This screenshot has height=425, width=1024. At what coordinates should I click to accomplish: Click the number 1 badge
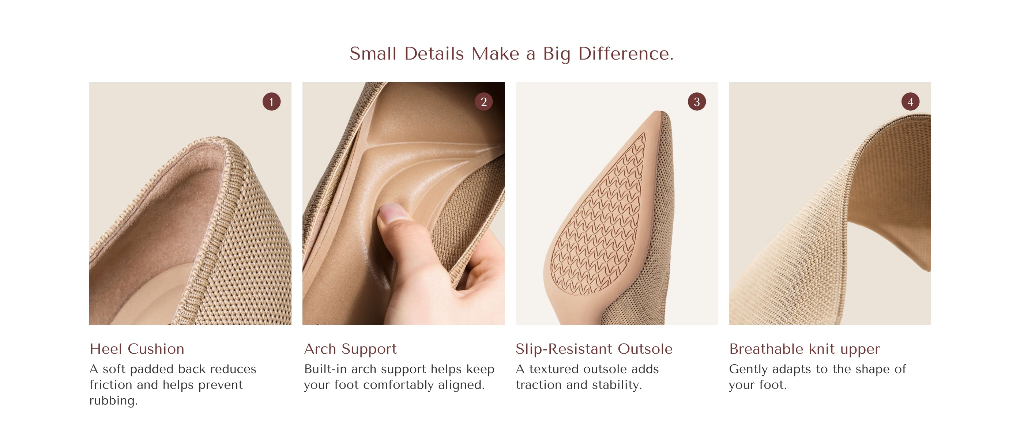271,102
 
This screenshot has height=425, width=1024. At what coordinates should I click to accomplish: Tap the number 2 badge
484,102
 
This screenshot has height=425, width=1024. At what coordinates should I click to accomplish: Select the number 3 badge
697,102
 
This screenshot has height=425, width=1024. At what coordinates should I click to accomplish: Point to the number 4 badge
910,102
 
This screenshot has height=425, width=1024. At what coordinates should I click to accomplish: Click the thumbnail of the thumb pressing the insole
403,204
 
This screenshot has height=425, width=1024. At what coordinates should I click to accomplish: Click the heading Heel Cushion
137,349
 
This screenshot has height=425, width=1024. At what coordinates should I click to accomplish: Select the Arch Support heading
351,349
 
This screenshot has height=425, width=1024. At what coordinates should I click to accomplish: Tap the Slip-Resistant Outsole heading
594,349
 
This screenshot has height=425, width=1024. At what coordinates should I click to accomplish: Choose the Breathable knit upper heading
805,349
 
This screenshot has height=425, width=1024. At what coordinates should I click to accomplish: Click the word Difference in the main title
626,54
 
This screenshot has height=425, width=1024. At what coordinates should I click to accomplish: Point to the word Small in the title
373,54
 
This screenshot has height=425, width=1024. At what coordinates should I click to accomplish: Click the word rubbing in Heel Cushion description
113,401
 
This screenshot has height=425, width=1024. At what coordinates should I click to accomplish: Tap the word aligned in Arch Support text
461,385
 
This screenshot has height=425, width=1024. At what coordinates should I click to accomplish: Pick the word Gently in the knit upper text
749,369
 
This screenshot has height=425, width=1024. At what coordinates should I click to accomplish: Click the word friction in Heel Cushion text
111,385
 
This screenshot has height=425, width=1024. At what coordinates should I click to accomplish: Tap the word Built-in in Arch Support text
325,369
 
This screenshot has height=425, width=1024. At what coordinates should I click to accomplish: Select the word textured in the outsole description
554,369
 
